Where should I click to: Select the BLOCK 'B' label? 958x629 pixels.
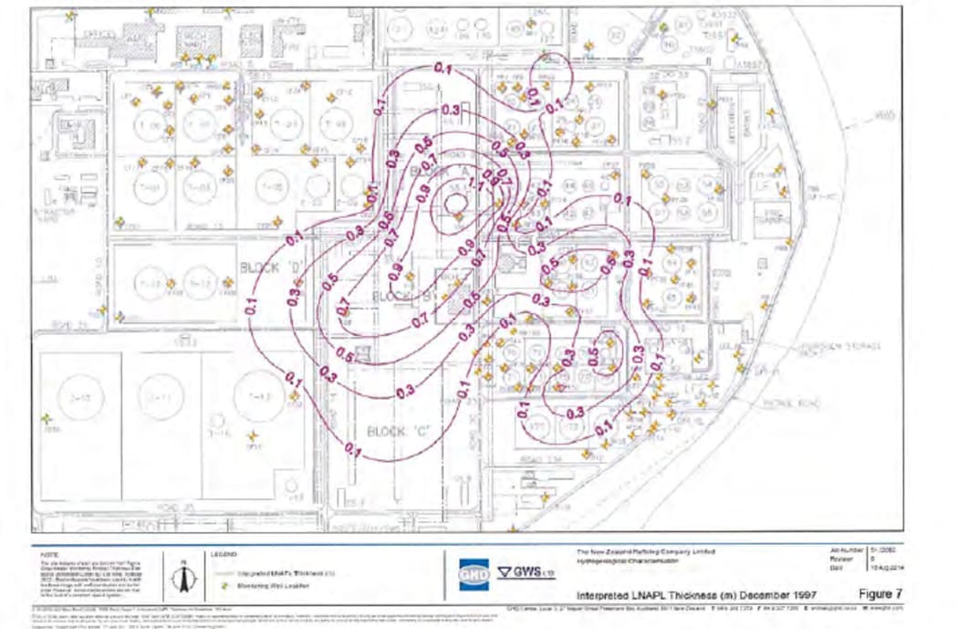394,297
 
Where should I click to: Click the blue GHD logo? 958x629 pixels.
468,573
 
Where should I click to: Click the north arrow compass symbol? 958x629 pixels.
182,576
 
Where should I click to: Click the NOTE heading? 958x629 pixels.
51,553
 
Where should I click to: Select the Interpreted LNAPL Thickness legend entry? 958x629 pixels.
264,571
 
